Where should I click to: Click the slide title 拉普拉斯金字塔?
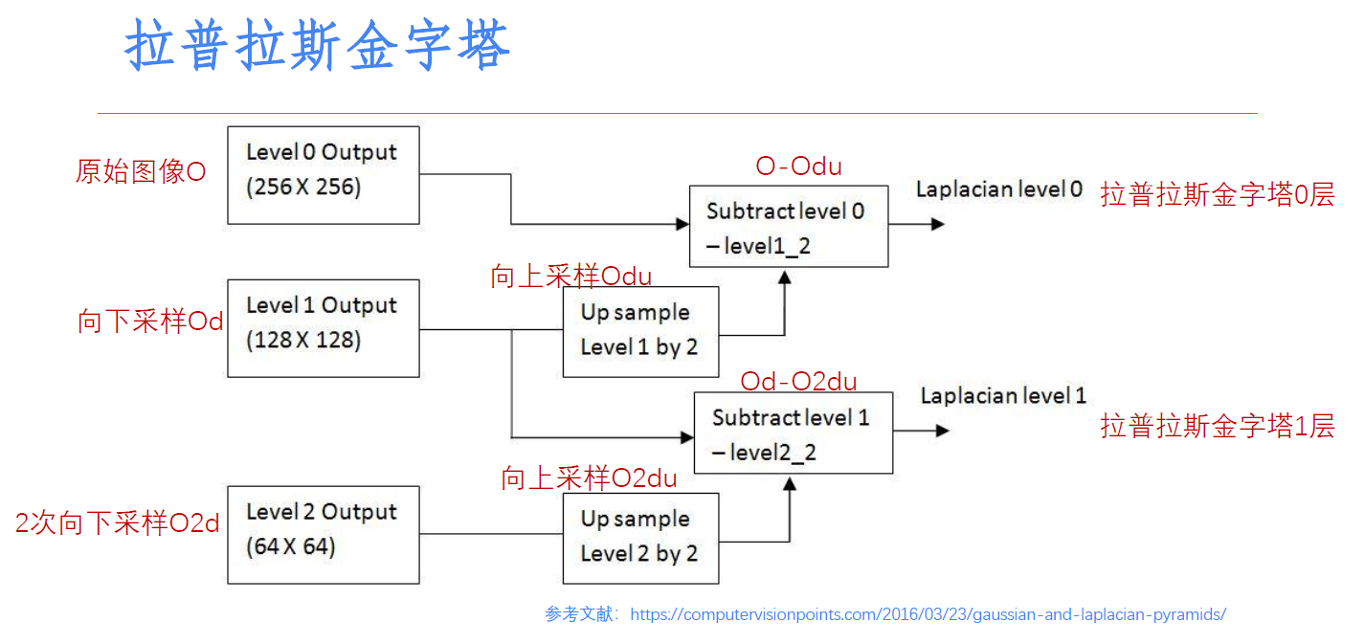(x=317, y=47)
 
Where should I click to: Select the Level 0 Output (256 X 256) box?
(x=323, y=175)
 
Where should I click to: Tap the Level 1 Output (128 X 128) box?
(x=323, y=328)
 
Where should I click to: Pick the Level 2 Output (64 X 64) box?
(x=323, y=535)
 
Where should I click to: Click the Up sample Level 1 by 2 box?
(x=640, y=331)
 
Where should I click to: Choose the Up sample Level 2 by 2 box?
(x=640, y=538)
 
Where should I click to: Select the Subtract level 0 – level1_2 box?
(x=788, y=227)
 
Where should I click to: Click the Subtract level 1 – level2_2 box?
(x=793, y=433)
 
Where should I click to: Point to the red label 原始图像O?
(x=141, y=172)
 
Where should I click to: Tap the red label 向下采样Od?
(x=150, y=322)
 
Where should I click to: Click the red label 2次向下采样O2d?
(x=117, y=523)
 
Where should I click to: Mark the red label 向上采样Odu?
(x=570, y=277)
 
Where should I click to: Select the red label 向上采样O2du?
(x=589, y=477)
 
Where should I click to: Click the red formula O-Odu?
(x=798, y=167)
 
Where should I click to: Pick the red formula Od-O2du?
(x=798, y=382)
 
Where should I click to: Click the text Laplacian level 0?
(x=998, y=189)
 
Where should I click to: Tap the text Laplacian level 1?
(x=1003, y=395)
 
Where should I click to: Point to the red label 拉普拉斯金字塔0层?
(x=1217, y=195)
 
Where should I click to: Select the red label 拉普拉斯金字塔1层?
(x=1217, y=426)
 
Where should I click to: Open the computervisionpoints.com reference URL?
(x=928, y=614)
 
